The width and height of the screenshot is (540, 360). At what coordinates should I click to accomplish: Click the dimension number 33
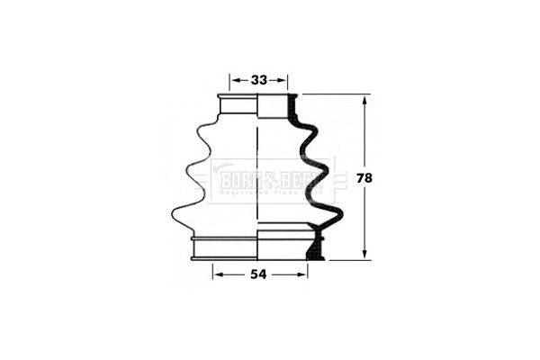259,79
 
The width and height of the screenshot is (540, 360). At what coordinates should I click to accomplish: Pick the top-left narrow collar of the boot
238,104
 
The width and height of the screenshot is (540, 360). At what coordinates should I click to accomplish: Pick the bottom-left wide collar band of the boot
225,246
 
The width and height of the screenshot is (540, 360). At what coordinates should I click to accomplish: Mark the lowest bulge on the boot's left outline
175,214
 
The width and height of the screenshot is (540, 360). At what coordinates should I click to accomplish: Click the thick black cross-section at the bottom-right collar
314,243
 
